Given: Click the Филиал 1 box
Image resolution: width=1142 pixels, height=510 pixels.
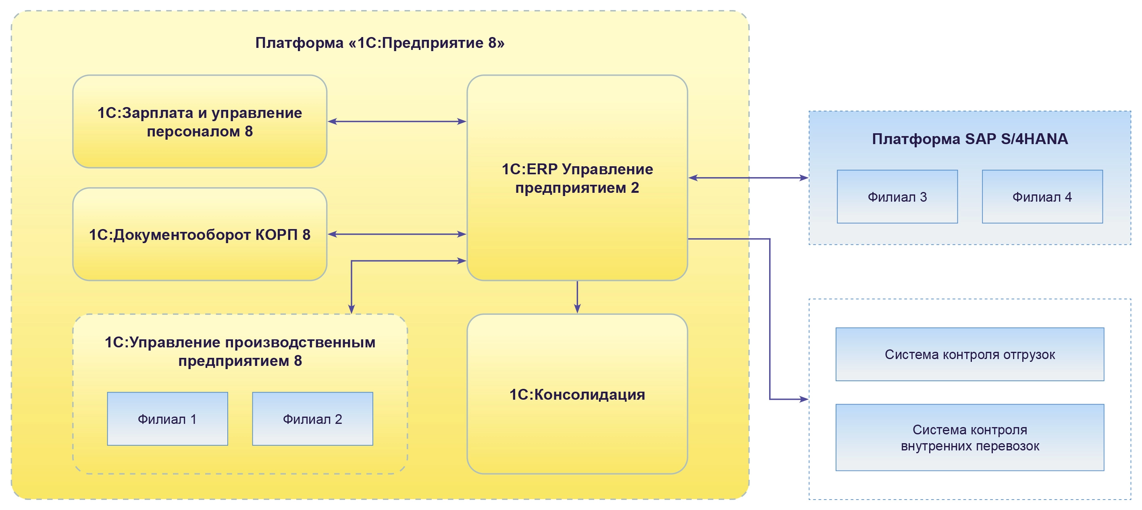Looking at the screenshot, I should [x=167, y=419].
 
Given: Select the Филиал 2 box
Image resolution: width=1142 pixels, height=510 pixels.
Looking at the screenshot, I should [x=312, y=419].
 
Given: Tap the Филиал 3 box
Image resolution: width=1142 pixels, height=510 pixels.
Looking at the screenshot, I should [x=897, y=196].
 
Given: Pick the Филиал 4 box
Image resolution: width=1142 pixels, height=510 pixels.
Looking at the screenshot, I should [x=1042, y=196].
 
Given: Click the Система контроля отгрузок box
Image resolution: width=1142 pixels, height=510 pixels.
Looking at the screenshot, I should [x=969, y=354].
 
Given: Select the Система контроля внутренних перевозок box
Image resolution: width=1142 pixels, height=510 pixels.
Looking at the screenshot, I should [x=969, y=438].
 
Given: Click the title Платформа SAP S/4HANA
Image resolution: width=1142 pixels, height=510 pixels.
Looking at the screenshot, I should [x=969, y=139].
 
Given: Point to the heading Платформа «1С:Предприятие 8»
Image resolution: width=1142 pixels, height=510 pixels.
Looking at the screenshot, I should [x=379, y=43].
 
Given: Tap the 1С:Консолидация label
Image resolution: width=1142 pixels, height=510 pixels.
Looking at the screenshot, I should [x=577, y=394].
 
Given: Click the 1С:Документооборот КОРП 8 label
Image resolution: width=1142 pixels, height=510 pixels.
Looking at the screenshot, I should [x=200, y=235].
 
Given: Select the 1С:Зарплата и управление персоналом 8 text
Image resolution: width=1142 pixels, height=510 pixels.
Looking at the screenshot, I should [x=200, y=122].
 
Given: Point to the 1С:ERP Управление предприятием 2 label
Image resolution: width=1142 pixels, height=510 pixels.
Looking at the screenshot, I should [x=577, y=178].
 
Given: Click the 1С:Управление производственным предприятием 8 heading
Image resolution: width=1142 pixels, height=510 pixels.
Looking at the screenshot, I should [x=240, y=351].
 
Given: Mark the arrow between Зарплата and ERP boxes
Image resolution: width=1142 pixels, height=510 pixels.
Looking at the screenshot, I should [x=397, y=121].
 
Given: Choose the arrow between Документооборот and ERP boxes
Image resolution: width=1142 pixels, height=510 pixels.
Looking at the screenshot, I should [x=397, y=234].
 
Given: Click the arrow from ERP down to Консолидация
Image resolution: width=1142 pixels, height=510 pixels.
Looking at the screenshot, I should [x=577, y=297].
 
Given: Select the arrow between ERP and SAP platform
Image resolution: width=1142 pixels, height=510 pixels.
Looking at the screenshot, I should [x=748, y=178].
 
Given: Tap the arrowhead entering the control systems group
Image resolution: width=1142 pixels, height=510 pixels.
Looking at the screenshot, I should [x=803, y=399].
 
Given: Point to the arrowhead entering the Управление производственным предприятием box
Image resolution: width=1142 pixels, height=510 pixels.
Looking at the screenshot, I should [x=352, y=309].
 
